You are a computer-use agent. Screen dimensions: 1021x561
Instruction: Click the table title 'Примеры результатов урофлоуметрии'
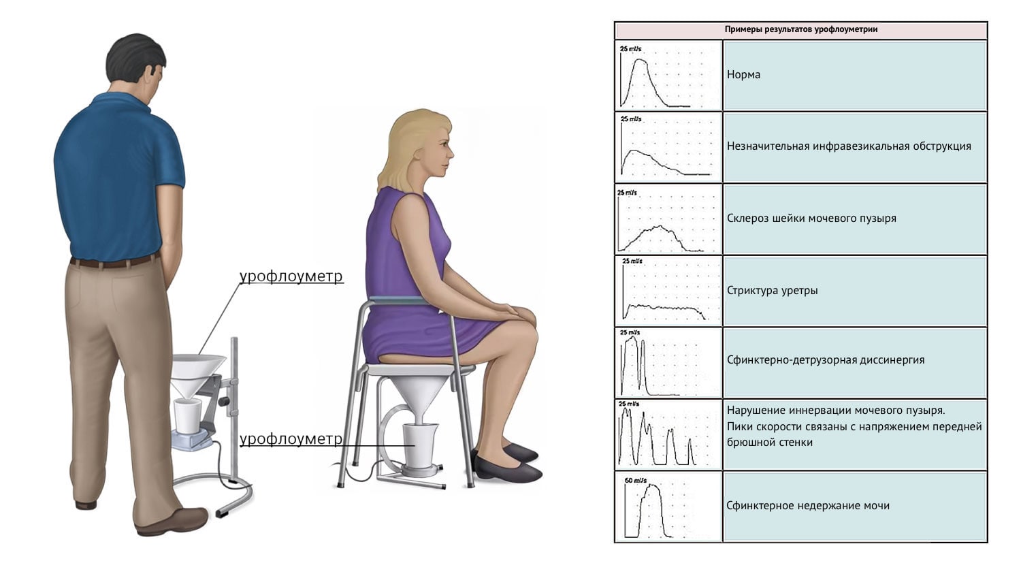point(801,30)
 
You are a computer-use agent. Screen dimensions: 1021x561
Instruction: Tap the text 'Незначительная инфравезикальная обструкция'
point(849,146)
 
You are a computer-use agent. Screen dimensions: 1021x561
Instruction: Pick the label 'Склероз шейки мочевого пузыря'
point(811,219)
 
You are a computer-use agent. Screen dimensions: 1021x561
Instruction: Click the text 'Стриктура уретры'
point(772,290)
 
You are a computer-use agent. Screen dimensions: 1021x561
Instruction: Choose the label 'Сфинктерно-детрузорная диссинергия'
point(826,360)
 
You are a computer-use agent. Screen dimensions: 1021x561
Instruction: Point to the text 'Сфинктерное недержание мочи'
point(808,505)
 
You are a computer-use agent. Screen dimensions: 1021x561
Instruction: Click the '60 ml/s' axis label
point(635,481)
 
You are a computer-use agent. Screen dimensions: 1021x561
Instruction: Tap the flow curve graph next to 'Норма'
point(668,76)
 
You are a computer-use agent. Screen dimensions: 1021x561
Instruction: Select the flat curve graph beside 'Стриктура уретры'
point(668,291)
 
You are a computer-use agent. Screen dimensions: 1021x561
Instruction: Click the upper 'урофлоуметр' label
point(291,276)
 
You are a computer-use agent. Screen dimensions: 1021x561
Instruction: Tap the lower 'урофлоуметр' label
point(291,439)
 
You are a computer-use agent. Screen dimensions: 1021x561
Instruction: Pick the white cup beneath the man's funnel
point(187,417)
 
